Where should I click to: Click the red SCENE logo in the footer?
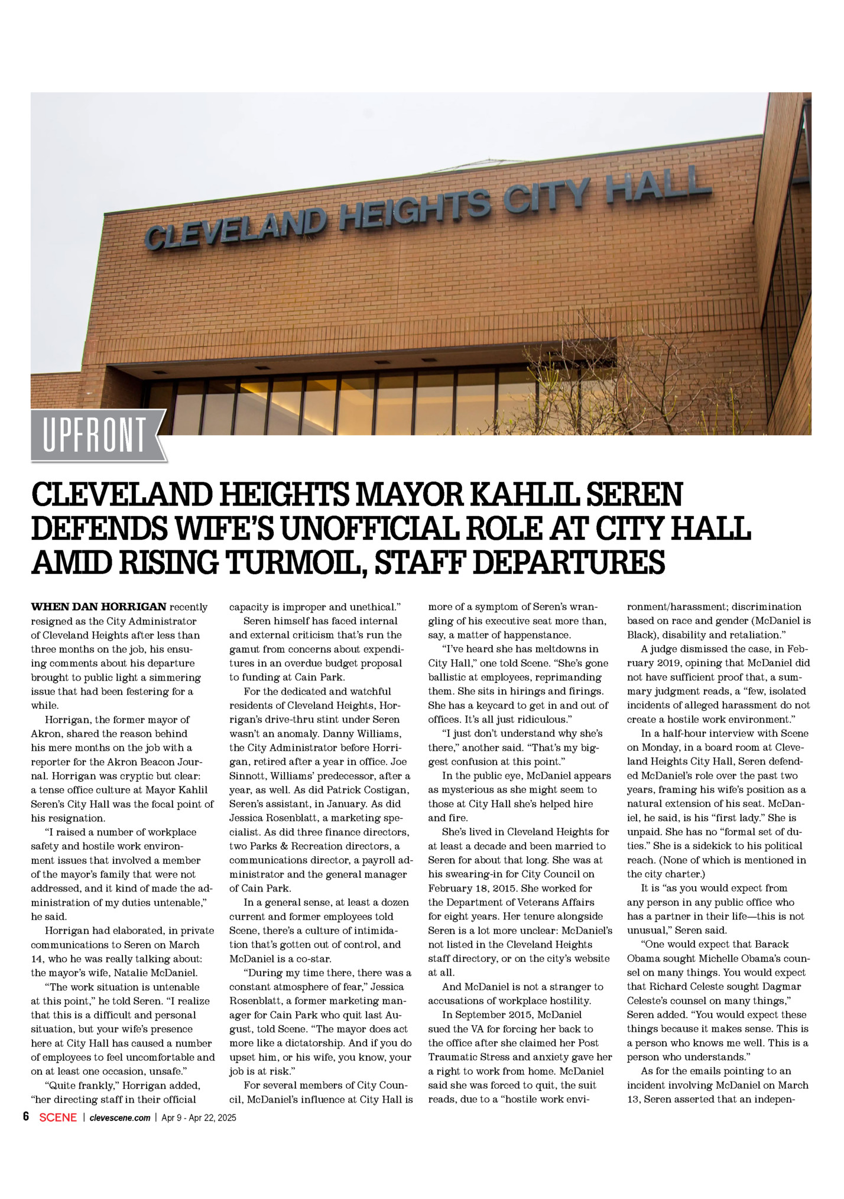pyautogui.click(x=58, y=1117)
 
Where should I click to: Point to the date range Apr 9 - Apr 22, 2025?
pyautogui.click(x=199, y=1117)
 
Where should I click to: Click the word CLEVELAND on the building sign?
pyautogui.click(x=235, y=228)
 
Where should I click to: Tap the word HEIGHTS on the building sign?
pyautogui.click(x=415, y=209)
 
